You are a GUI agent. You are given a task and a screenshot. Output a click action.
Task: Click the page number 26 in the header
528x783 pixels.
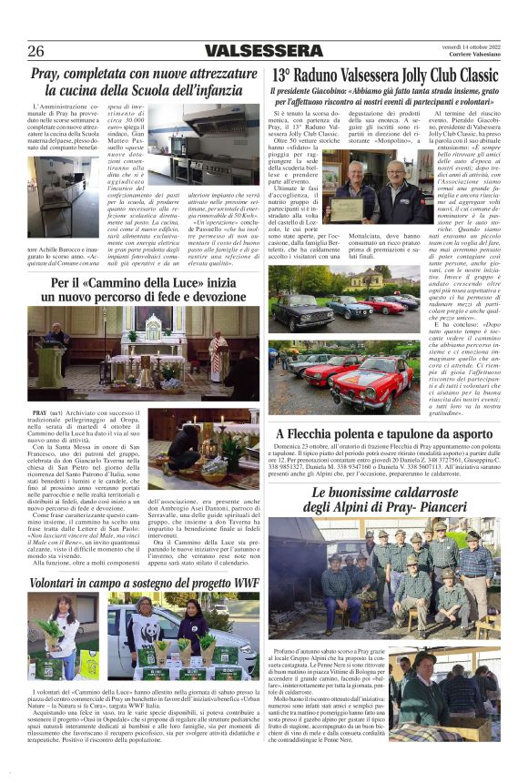pos(36,51)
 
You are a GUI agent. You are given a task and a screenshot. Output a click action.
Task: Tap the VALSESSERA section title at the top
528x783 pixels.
pos(264,51)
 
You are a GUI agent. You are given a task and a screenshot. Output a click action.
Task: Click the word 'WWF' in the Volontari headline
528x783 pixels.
pos(244,582)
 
